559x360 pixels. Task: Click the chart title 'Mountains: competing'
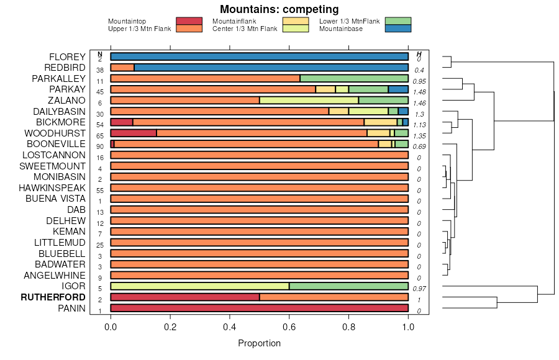coord(279,9)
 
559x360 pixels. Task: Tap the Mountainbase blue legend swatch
coord(398,29)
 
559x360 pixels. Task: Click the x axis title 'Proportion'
coord(260,343)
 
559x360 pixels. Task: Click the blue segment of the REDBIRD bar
coord(271,68)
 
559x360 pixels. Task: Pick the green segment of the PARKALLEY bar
coord(354,79)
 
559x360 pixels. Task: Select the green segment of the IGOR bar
coord(348,286)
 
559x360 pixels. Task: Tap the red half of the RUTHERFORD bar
coord(185,297)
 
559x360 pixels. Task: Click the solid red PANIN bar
coord(260,308)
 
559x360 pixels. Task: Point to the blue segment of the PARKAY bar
coord(398,89)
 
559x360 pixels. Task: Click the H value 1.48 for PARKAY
coord(419,92)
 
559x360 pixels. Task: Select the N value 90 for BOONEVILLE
coord(99,146)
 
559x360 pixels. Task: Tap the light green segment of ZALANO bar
coord(309,101)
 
